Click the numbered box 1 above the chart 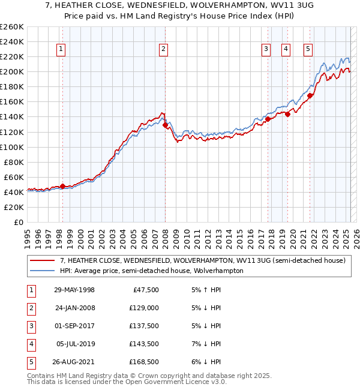coord(62,50)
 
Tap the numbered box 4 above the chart coord(286,50)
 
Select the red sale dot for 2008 coord(165,125)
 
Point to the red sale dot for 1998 coord(62,186)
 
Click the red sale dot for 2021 coord(310,95)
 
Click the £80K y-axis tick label coord(14,162)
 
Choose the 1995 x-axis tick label coord(27,234)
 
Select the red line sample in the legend coord(41,260)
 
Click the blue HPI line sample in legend coord(41,271)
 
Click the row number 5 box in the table coord(31,362)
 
